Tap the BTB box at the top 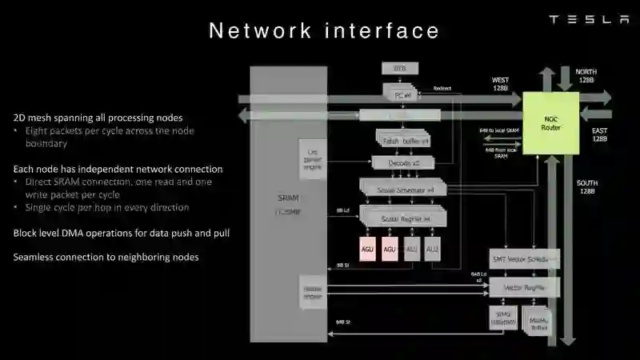400,69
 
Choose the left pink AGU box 369,249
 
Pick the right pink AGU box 390,249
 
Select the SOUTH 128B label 586,187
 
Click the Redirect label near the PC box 442,88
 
